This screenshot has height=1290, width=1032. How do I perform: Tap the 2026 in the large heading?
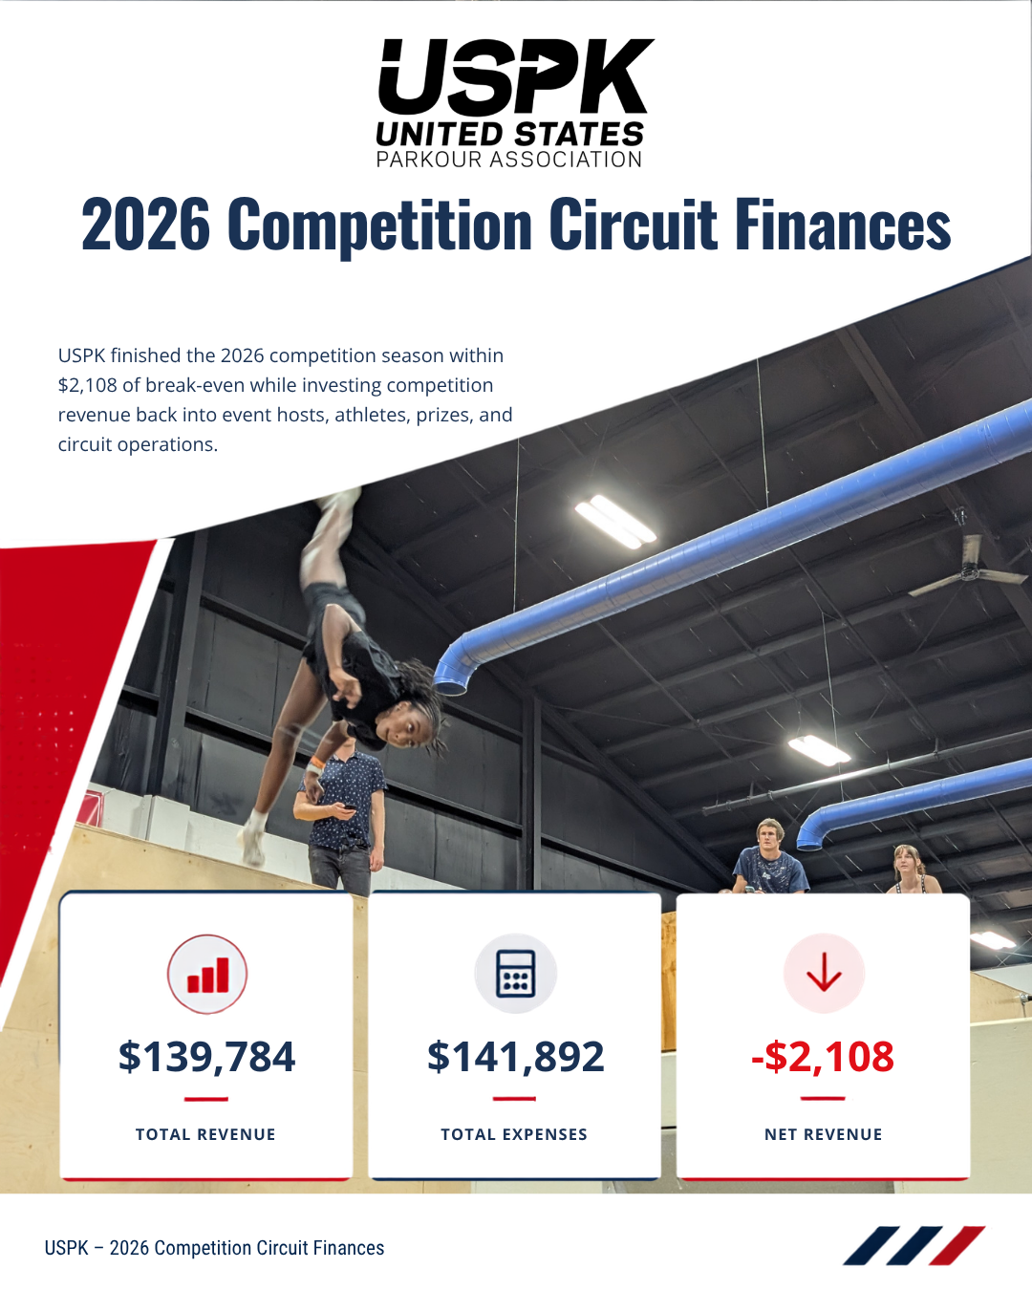click(145, 225)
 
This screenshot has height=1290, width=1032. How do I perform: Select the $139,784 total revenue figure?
click(206, 1056)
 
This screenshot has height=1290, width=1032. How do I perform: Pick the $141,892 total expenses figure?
click(515, 1056)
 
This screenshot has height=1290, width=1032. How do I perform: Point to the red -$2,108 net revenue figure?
click(823, 1056)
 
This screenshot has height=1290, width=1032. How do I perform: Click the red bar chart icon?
click(207, 974)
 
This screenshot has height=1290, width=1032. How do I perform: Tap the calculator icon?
click(516, 974)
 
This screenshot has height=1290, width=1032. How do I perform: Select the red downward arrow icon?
click(824, 973)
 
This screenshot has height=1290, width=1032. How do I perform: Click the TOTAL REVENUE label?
click(205, 1134)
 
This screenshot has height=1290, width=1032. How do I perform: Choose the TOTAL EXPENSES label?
click(514, 1134)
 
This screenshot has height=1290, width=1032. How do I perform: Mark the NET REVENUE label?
click(824, 1134)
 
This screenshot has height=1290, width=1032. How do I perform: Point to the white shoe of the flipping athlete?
click(253, 838)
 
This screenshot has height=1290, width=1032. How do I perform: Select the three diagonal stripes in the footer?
click(914, 1246)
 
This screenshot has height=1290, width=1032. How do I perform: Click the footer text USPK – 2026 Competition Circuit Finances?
click(214, 1248)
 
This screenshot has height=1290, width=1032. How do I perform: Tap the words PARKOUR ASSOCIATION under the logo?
click(509, 160)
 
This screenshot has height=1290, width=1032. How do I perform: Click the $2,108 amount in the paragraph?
click(88, 385)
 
